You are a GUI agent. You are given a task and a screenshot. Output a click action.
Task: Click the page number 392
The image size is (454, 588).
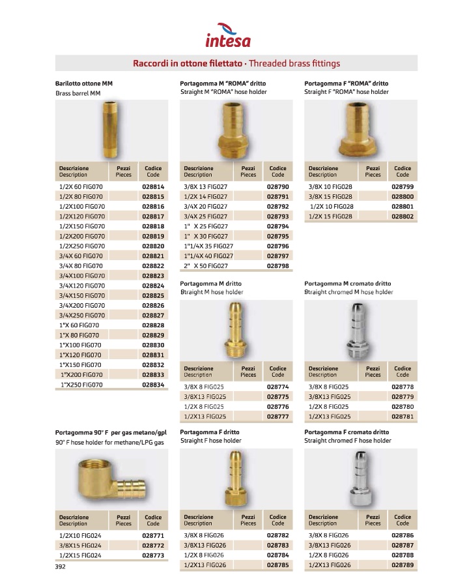tap(61, 567)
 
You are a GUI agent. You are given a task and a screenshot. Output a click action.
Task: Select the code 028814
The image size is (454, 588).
tap(153, 186)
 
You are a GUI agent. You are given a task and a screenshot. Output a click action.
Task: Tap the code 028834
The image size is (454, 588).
tap(153, 385)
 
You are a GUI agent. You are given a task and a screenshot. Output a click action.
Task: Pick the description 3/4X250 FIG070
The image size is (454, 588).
tap(81, 315)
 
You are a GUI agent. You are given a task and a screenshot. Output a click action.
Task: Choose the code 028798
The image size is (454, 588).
tap(278, 266)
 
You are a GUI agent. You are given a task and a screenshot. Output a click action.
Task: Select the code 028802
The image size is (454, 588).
tap(403, 216)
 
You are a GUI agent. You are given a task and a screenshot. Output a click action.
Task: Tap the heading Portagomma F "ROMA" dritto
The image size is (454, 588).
tap(346, 83)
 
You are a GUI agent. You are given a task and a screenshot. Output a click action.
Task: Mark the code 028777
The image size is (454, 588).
tap(278, 416)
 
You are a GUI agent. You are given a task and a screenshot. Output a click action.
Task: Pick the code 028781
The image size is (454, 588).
tap(403, 416)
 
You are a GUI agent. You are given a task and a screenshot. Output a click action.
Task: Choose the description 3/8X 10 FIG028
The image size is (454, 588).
tap(330, 186)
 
